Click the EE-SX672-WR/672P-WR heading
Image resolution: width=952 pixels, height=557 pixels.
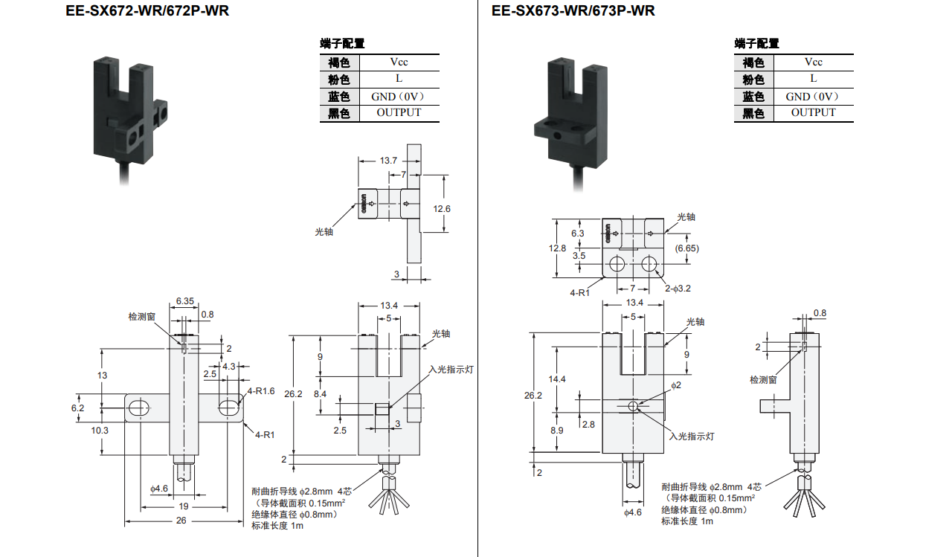tap(147, 10)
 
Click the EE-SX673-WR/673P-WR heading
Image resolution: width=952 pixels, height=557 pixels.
tap(573, 10)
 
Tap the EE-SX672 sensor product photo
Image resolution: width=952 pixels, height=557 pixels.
tap(130, 121)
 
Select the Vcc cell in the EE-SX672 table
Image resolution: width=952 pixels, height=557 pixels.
tap(399, 62)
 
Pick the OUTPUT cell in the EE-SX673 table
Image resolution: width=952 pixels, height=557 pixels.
tap(813, 112)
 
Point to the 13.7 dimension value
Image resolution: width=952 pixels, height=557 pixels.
tap(388, 161)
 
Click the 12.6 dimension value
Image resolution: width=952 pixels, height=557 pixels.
tap(442, 209)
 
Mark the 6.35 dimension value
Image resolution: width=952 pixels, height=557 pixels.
tap(185, 301)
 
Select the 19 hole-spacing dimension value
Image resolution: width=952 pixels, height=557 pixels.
tap(184, 506)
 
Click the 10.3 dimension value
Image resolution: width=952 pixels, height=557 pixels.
tap(100, 431)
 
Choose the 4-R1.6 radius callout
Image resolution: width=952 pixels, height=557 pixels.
tap(261, 391)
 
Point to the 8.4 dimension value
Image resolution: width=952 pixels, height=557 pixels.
tap(320, 394)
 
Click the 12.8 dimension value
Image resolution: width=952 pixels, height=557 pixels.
tap(557, 248)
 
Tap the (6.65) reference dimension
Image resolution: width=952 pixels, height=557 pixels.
tap(686, 248)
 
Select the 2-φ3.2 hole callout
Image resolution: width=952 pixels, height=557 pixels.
tap(678, 289)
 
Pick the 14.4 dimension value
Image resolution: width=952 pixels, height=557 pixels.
tap(557, 379)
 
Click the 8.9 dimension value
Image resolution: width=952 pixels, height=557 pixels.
tap(557, 431)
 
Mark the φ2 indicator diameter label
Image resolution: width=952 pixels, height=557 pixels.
tap(676, 385)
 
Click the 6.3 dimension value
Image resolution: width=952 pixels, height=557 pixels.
tap(578, 234)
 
